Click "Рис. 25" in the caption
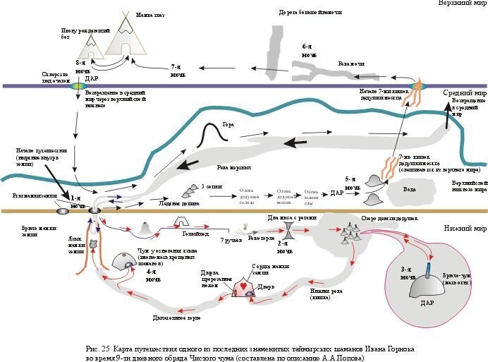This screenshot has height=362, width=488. pyautogui.click(x=99, y=349)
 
